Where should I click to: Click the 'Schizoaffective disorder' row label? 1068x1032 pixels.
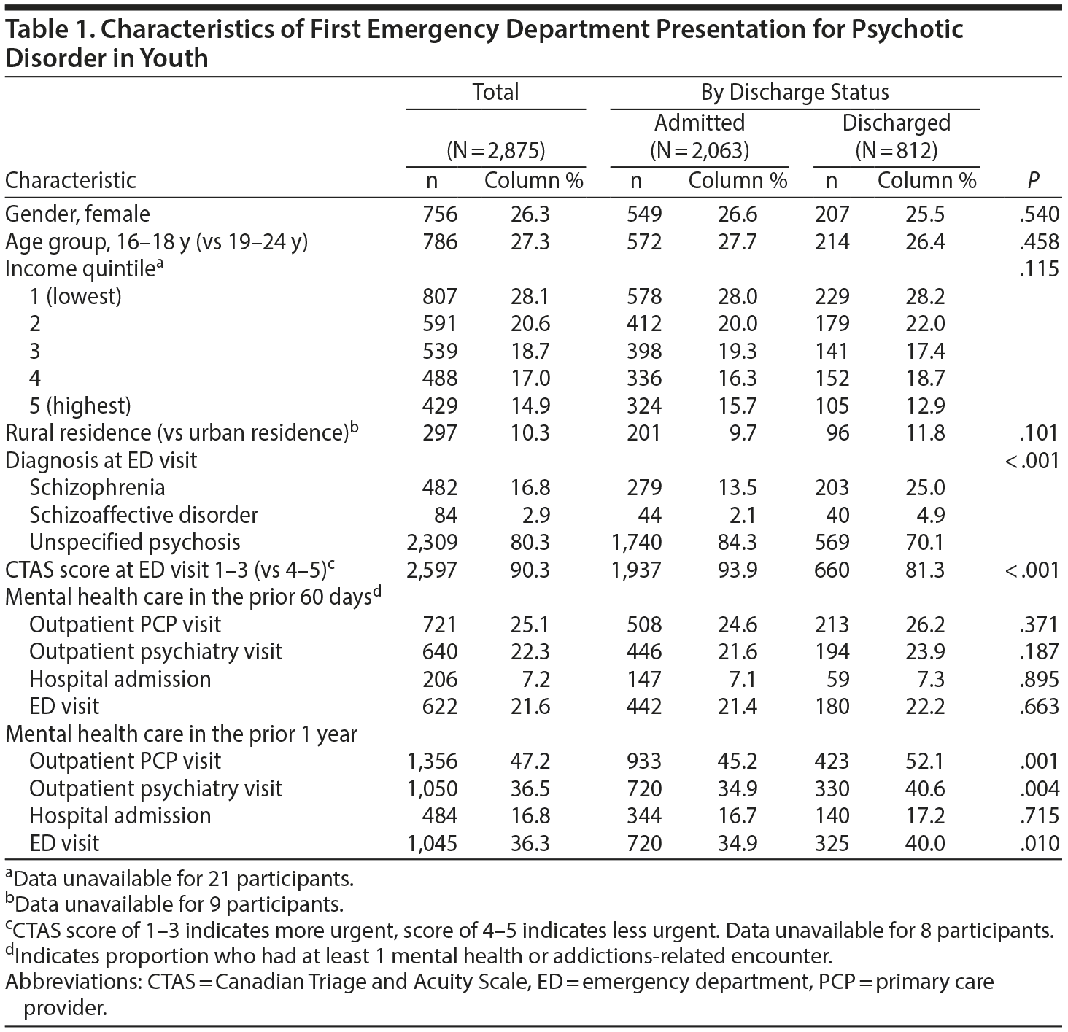click(x=144, y=515)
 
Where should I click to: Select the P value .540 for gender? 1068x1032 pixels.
click(x=1039, y=214)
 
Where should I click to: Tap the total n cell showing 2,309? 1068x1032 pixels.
click(x=432, y=542)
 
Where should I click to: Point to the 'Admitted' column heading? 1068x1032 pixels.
click(x=700, y=122)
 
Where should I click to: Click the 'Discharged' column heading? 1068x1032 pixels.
click(x=897, y=122)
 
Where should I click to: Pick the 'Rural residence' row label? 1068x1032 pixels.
click(x=182, y=432)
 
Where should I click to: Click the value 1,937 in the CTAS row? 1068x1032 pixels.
click(x=635, y=570)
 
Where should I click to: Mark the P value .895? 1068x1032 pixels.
click(x=1039, y=679)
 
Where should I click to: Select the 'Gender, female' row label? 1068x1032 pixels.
click(x=78, y=214)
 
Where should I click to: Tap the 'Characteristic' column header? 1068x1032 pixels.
click(x=71, y=180)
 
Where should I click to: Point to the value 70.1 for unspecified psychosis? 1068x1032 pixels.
click(x=926, y=542)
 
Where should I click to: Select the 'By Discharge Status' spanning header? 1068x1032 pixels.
click(x=794, y=92)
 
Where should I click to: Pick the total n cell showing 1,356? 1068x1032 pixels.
click(x=432, y=761)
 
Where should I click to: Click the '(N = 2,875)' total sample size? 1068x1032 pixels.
click(x=496, y=151)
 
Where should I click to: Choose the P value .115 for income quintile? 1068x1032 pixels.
click(x=1039, y=268)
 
